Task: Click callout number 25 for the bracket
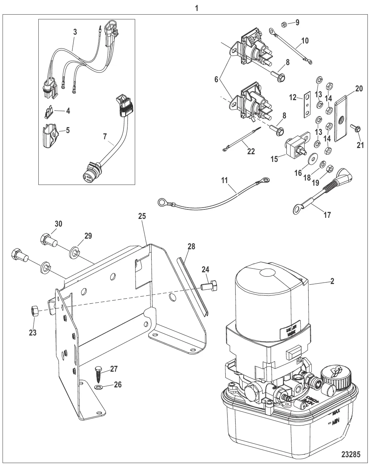[142, 216]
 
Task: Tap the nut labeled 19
[329, 168]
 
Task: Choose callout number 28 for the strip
[192, 247]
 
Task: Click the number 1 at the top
[197, 8]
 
